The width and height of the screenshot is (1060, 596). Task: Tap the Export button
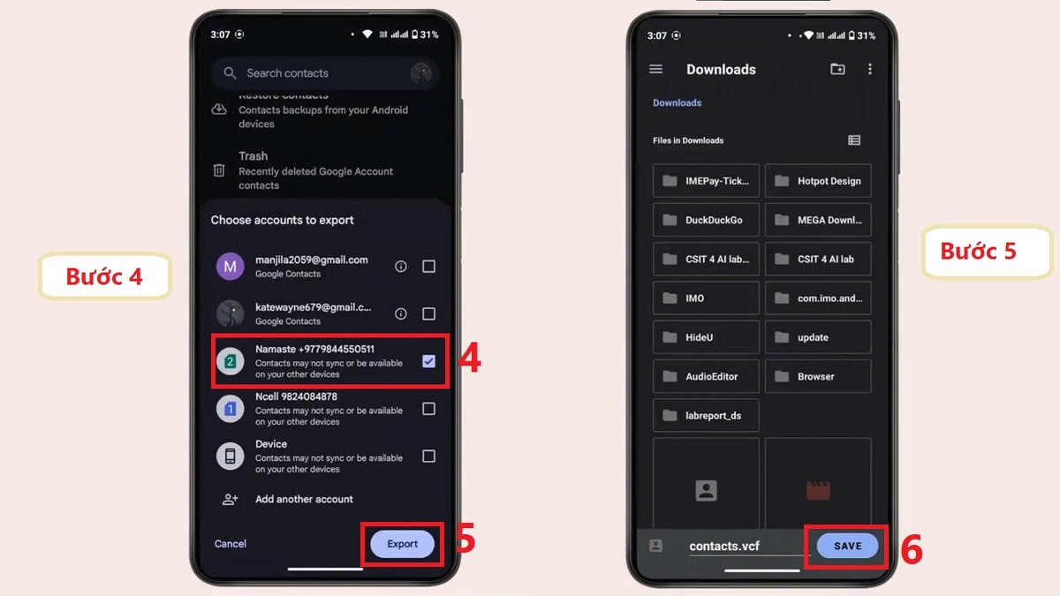click(402, 544)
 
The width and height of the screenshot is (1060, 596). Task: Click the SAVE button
click(847, 546)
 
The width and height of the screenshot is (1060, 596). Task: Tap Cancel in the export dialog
click(231, 544)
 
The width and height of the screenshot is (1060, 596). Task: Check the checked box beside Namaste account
click(428, 361)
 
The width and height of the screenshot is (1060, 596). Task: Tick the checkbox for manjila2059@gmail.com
click(428, 267)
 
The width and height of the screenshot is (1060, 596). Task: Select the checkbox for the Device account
click(428, 456)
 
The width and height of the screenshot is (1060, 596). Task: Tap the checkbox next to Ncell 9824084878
click(428, 409)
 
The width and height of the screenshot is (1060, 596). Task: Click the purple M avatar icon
click(231, 267)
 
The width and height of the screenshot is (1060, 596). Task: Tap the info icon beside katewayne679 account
click(400, 313)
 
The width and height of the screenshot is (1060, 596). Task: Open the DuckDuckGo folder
click(706, 220)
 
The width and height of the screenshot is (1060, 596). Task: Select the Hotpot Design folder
click(818, 181)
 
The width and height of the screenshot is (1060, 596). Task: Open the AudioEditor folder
click(706, 376)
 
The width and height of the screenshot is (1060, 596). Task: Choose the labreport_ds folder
click(706, 415)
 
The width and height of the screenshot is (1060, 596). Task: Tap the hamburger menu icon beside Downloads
click(655, 69)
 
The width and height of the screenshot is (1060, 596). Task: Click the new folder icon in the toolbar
click(837, 69)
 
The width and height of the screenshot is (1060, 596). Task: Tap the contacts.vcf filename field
click(724, 546)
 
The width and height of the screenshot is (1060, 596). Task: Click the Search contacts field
click(318, 73)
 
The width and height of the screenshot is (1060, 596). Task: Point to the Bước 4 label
click(104, 276)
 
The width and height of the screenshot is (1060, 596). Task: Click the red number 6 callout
click(912, 550)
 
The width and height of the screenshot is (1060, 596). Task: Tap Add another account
click(304, 499)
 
